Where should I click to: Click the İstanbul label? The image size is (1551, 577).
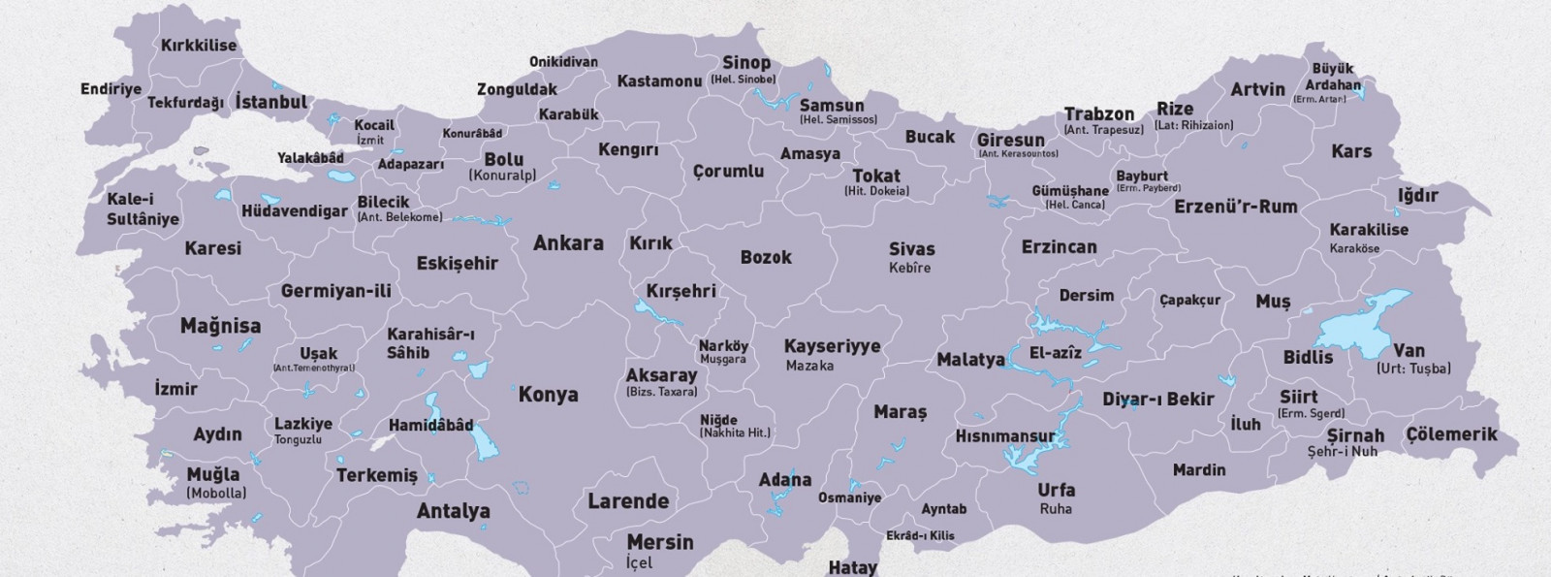(271, 102)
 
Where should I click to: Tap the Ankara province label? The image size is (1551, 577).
(568, 243)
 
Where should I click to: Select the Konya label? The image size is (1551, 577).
(548, 395)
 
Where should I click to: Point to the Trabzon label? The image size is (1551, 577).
(1098, 114)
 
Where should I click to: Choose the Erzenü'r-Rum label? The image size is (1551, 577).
(1235, 207)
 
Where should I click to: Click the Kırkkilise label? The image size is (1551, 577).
(198, 46)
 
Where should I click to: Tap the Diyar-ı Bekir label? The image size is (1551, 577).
(1157, 399)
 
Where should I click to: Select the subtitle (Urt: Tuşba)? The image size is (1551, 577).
(1412, 369)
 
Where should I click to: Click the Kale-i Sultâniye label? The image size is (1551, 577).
(142, 209)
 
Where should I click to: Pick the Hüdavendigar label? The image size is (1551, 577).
(294, 210)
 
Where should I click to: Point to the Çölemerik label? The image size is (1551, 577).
(1451, 434)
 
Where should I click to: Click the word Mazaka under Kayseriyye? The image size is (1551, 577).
(809, 366)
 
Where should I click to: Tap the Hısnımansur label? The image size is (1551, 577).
(1004, 436)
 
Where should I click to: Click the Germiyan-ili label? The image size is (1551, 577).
(335, 291)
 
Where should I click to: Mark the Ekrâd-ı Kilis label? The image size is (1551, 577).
(920, 535)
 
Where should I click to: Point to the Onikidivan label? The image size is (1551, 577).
(562, 62)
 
